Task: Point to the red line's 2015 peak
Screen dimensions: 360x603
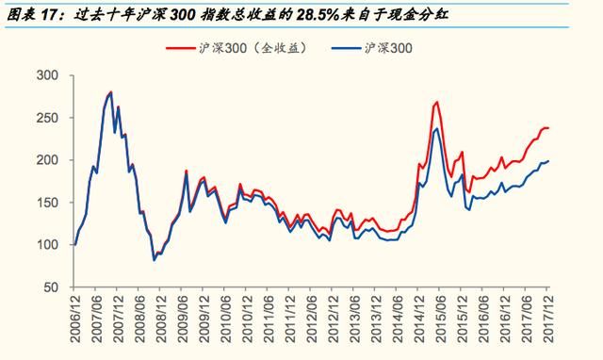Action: tap(437, 102)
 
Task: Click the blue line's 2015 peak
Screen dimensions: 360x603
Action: tap(436, 128)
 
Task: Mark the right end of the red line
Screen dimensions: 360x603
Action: tap(548, 127)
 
